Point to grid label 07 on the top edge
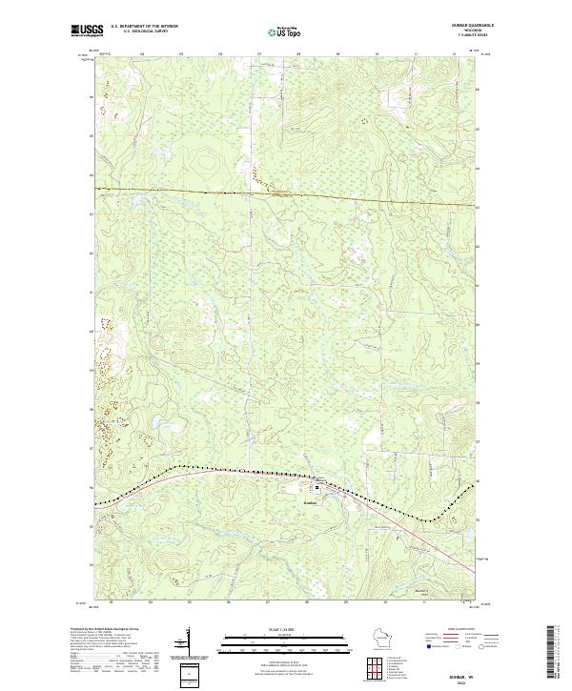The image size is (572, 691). click(x=258, y=54)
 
